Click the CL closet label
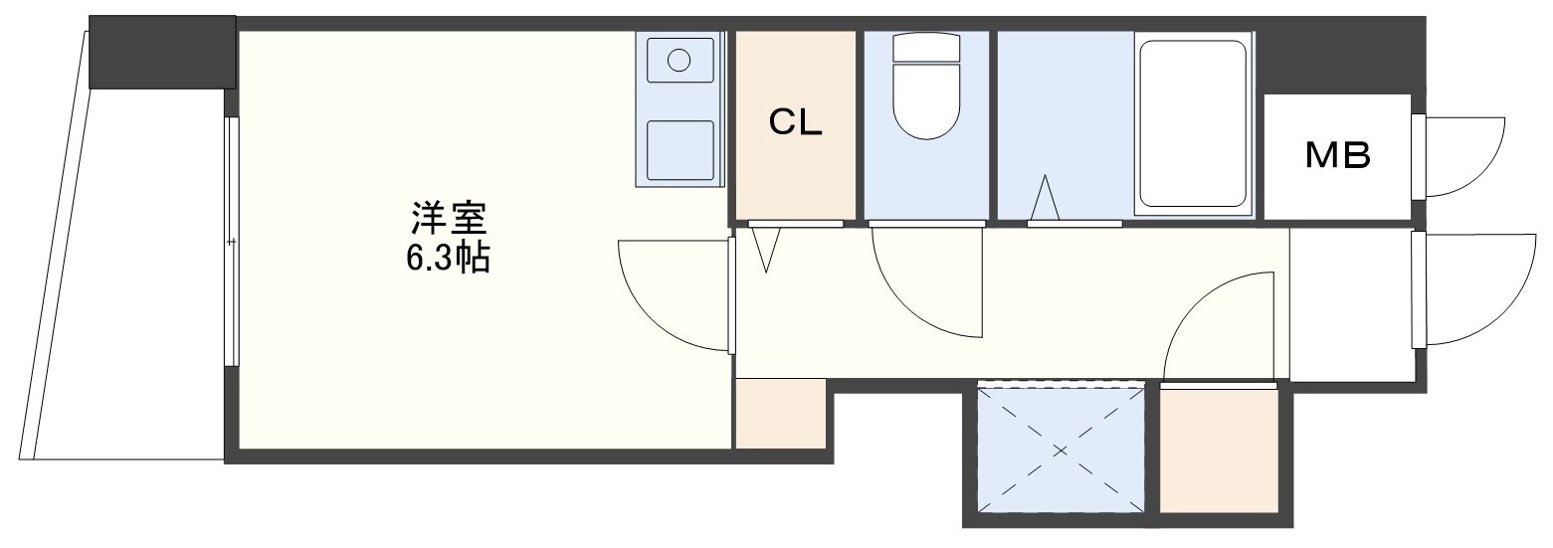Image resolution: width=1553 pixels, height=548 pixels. (795, 123)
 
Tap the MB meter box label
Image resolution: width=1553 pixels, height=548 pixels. (1337, 156)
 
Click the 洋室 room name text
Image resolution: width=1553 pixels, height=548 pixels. (449, 219)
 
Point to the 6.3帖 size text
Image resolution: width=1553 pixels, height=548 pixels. (448, 259)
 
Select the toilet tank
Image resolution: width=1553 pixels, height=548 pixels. (925, 47)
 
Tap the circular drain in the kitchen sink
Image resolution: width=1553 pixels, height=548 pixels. (679, 60)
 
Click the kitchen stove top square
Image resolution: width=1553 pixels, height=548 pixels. (679, 149)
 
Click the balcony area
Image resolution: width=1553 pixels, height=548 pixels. (123, 277)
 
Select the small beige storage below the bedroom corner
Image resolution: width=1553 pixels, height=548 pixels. (780, 414)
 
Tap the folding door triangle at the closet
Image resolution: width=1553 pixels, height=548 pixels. (765, 249)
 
